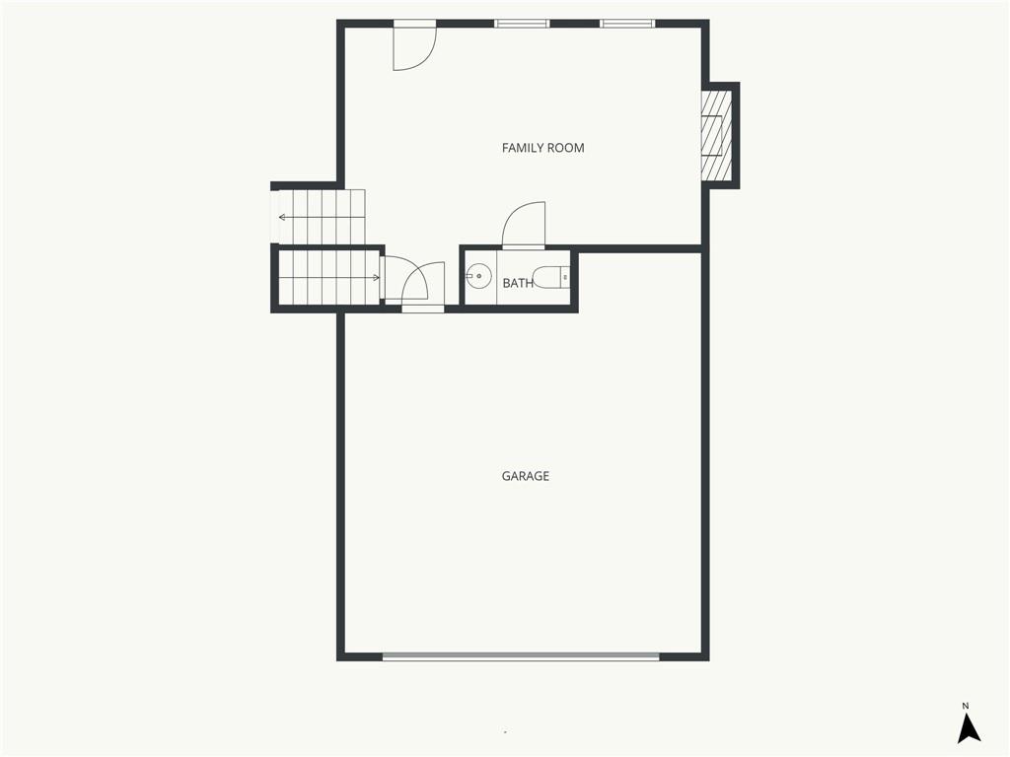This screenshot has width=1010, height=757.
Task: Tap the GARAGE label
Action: (526, 476)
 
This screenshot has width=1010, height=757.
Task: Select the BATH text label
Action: (518, 283)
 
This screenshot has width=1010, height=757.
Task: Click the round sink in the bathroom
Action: (479, 277)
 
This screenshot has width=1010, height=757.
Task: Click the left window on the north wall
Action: (522, 23)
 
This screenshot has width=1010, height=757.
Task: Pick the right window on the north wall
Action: (627, 23)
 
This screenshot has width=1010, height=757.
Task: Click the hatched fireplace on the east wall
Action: (714, 135)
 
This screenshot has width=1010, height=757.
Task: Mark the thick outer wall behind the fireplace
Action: (736, 135)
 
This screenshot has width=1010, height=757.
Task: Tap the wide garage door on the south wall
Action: (521, 655)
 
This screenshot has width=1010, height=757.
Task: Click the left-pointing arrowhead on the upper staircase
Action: (282, 217)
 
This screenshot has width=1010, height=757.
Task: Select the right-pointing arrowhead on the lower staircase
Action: (376, 278)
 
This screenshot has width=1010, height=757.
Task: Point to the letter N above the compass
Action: (966, 705)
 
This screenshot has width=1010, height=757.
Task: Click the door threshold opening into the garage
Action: (422, 309)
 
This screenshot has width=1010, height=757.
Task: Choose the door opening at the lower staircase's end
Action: (384, 278)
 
